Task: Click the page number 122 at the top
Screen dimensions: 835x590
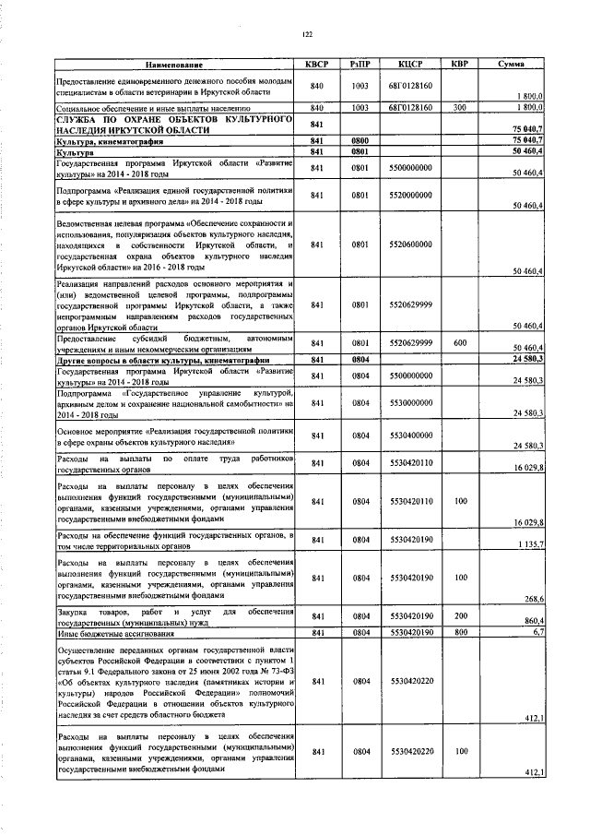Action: point(308,34)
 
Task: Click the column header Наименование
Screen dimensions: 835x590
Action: point(173,65)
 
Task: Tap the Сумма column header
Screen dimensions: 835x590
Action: point(511,65)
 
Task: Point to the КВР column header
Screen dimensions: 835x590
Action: point(459,65)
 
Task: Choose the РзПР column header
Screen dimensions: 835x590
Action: point(360,65)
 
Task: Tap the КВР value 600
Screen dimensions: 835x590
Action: point(459,342)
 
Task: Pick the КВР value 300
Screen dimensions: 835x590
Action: point(459,108)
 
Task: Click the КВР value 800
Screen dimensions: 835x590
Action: point(459,633)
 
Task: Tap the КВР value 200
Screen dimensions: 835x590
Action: point(459,615)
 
